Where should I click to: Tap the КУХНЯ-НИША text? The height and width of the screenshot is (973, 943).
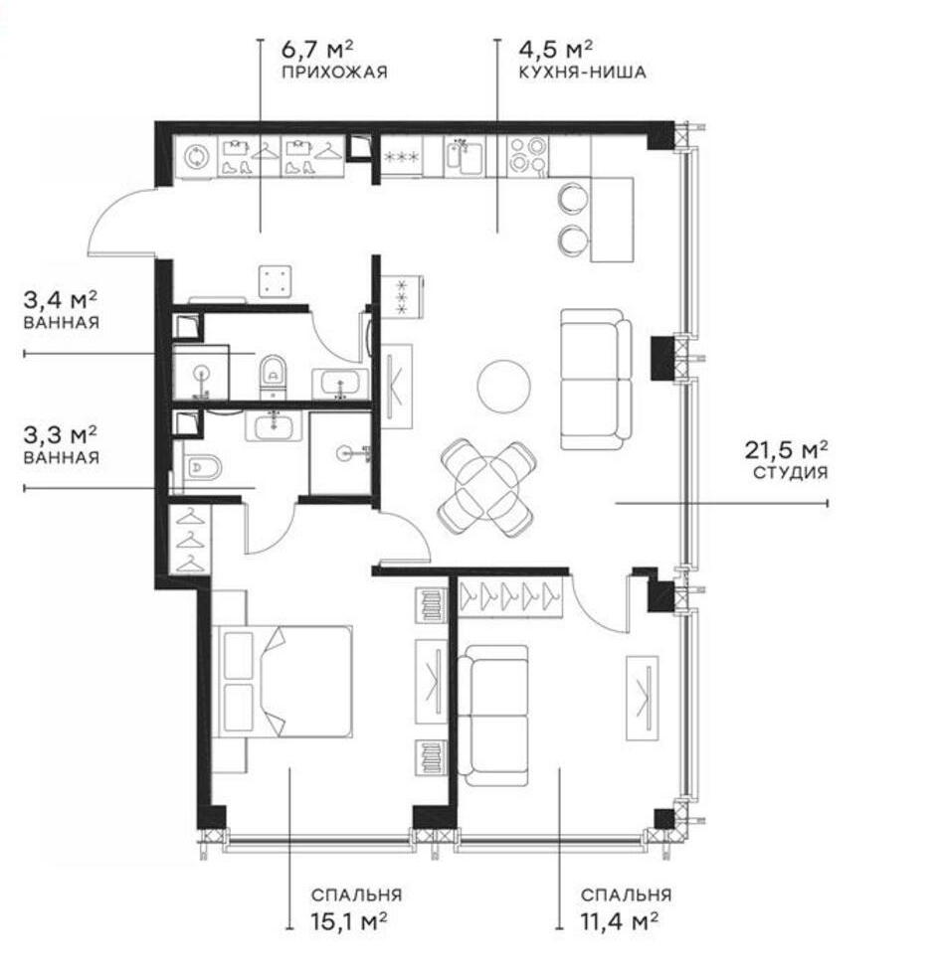pyautogui.click(x=583, y=72)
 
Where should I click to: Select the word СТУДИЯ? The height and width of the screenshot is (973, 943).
pyautogui.click(x=790, y=474)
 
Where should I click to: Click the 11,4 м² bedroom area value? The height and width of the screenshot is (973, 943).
pyautogui.click(x=619, y=919)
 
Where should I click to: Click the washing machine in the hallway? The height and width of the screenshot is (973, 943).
pyautogui.click(x=197, y=157)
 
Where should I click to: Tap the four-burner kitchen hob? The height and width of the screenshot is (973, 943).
pyautogui.click(x=527, y=155)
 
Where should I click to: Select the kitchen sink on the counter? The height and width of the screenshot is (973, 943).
pyautogui.click(x=463, y=156)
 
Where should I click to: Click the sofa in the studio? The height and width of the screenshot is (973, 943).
pyautogui.click(x=595, y=378)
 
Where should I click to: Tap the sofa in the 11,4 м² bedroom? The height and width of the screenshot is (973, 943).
pyautogui.click(x=491, y=715)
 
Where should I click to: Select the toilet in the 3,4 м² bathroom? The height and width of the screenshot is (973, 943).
pyautogui.click(x=273, y=375)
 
